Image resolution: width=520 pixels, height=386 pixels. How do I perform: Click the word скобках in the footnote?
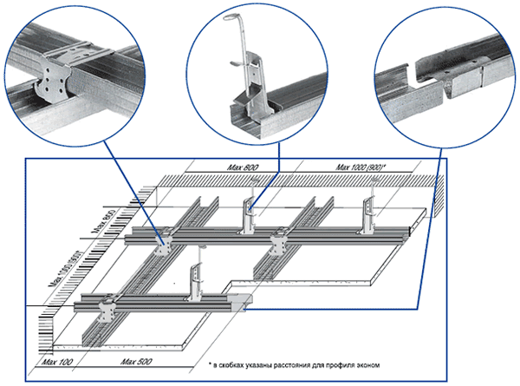tap(236, 367)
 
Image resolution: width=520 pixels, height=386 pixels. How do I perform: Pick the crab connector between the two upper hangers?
tap(279, 239)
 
